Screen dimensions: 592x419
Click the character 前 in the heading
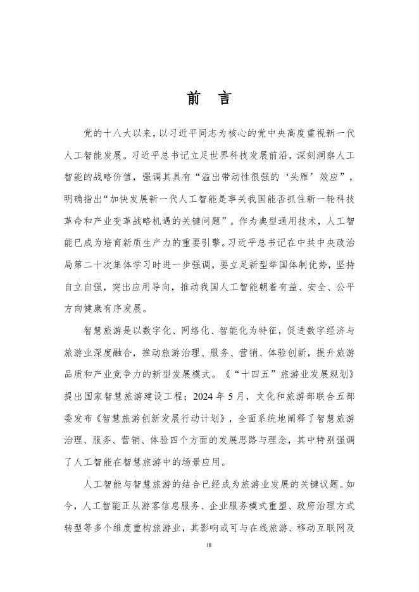coord(194,99)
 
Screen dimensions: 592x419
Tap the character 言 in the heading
coord(224,99)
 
